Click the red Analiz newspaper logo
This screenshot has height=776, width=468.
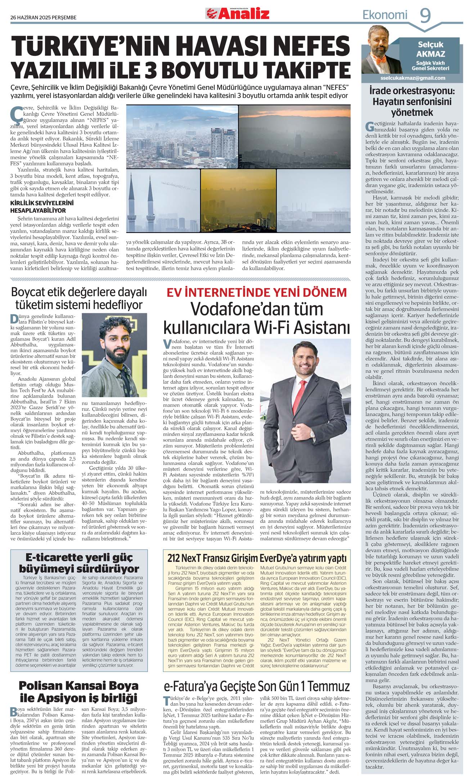(x=238, y=14)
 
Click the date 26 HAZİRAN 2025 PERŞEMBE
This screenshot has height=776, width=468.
(x=44, y=17)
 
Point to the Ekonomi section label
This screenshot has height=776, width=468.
(x=384, y=15)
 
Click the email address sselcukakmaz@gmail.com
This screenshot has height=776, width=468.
(x=413, y=78)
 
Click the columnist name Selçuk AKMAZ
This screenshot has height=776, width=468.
(x=431, y=49)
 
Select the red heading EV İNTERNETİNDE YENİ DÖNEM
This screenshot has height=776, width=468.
(x=256, y=292)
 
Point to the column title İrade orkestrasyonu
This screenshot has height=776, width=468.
(x=412, y=102)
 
